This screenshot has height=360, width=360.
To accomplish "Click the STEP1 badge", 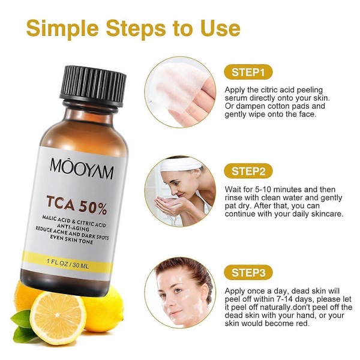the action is coord(248,72).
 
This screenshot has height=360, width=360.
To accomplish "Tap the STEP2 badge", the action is coord(248,171).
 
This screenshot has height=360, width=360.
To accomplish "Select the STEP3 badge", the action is coord(248,272).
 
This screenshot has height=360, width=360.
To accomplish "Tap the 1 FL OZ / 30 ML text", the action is coord(67,263).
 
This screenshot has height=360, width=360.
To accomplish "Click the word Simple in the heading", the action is coord(62,28).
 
